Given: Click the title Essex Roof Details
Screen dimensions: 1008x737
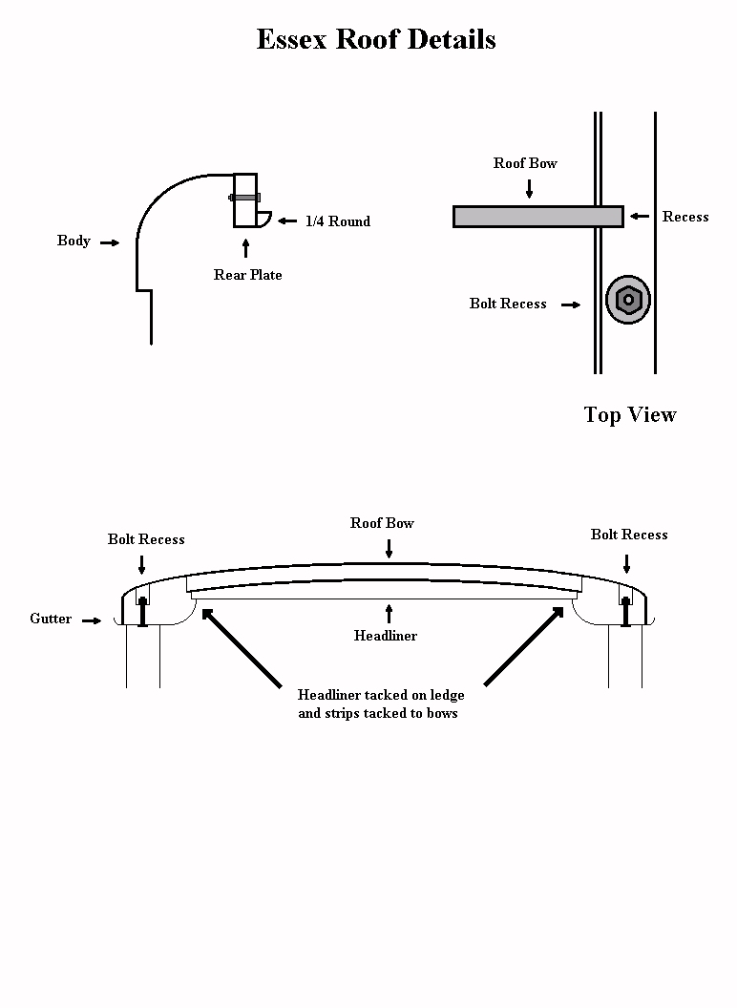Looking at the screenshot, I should (376, 40).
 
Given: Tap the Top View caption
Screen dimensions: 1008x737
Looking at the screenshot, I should (630, 414).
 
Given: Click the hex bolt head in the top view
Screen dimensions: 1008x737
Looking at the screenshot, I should (628, 300).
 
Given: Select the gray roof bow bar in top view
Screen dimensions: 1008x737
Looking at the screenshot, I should (537, 217).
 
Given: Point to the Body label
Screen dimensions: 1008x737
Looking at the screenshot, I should (74, 241).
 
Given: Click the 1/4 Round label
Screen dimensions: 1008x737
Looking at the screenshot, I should (338, 221).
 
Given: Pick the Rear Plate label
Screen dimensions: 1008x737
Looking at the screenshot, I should (247, 275).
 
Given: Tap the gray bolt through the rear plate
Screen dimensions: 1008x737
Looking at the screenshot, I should (244, 198).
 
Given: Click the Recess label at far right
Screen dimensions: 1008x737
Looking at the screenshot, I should (685, 217).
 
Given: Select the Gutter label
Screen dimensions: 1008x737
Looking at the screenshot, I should (51, 619).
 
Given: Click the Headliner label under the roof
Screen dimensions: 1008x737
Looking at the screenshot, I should (386, 635).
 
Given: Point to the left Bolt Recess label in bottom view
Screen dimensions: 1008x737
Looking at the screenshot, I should (146, 539).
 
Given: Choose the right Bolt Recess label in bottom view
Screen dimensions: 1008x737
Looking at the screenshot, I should (629, 535).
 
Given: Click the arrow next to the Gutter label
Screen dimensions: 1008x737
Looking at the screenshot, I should (92, 620).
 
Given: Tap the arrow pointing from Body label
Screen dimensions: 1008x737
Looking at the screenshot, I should (110, 242).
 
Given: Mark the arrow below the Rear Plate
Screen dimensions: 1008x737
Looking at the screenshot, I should (246, 249).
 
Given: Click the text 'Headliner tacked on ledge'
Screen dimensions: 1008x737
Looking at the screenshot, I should (381, 695).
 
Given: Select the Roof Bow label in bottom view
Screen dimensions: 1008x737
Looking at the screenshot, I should (382, 523).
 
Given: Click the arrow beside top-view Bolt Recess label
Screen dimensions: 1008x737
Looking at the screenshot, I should (571, 305).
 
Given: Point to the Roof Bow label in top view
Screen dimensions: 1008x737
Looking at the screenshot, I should (525, 163).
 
